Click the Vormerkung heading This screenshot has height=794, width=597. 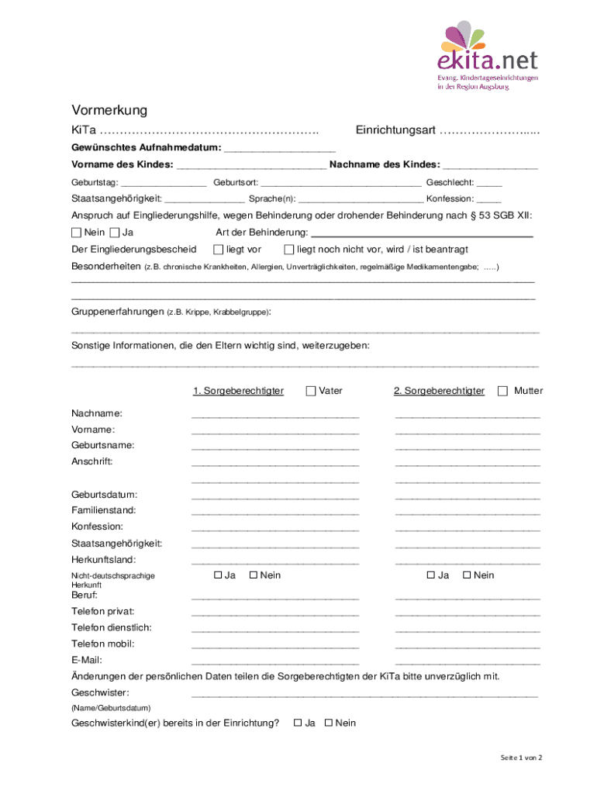pos(109,110)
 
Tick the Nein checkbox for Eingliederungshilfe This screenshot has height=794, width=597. pos(76,233)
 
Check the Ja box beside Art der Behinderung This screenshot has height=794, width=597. pos(115,233)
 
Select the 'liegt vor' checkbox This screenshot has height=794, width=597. pos(218,250)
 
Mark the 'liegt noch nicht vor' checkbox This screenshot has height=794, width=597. pos(289,250)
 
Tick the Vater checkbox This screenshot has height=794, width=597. pos(311,391)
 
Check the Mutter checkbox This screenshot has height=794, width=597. pos(502,391)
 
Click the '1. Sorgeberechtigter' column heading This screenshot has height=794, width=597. pos(238,391)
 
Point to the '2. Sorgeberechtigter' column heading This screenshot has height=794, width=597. pos(439,391)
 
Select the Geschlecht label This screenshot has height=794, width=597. pos(450,182)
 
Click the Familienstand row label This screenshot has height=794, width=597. pos(104,510)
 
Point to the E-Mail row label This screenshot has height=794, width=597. pos(87,660)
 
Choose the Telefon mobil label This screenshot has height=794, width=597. pos(103,644)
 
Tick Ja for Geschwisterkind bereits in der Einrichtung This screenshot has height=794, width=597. pos(297,723)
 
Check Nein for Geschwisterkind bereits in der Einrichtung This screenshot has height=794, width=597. pos(328,723)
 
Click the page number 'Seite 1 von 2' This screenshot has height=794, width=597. pos(521,758)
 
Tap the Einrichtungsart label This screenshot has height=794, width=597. pos(395,129)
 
